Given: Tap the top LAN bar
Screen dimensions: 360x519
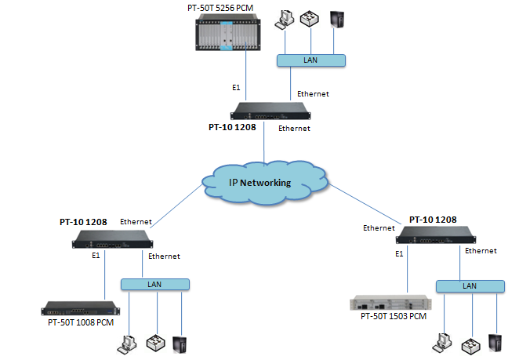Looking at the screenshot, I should point(312,60).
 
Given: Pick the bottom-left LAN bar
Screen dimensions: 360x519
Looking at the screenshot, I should point(154,284).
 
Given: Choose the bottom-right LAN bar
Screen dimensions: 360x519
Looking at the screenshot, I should point(469,287).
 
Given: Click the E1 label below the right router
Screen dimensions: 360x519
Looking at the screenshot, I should point(399,253).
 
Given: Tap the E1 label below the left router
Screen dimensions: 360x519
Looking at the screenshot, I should point(96,256).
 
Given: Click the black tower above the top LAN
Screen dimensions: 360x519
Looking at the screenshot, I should point(337,20).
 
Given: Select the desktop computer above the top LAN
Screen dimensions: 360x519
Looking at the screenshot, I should point(282,20).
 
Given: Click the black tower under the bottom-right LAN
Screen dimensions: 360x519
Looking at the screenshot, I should point(495,342).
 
